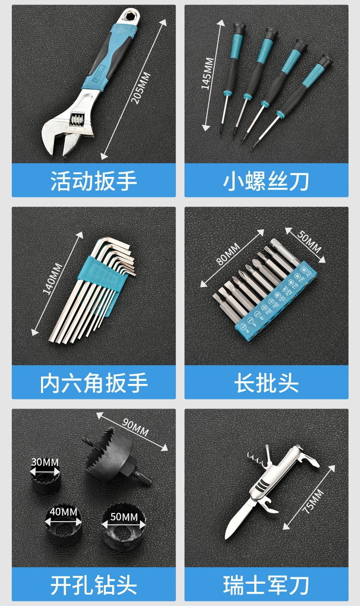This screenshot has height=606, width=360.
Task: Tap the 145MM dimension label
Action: coord(207,73)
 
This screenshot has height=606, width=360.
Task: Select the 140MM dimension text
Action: coord(52,279)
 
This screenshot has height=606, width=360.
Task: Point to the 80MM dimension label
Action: coord(228,254)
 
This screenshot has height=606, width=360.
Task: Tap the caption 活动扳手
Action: coord(93,181)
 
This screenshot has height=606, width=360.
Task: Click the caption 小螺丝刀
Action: coord(266,181)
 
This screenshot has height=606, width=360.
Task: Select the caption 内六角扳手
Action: coord(93,383)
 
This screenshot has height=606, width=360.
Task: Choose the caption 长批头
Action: coord(266,383)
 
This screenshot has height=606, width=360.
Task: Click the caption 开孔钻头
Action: coord(93,585)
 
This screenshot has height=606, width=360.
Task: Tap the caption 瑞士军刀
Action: coord(266,585)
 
